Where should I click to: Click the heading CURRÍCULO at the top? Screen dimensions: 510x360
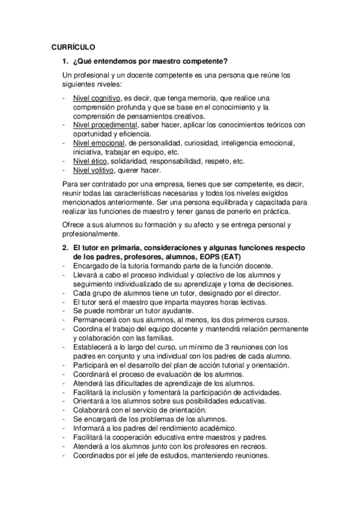tap(73, 47)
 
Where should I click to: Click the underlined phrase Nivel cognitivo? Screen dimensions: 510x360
tap(96, 98)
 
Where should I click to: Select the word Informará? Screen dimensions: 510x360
tap(91, 428)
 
